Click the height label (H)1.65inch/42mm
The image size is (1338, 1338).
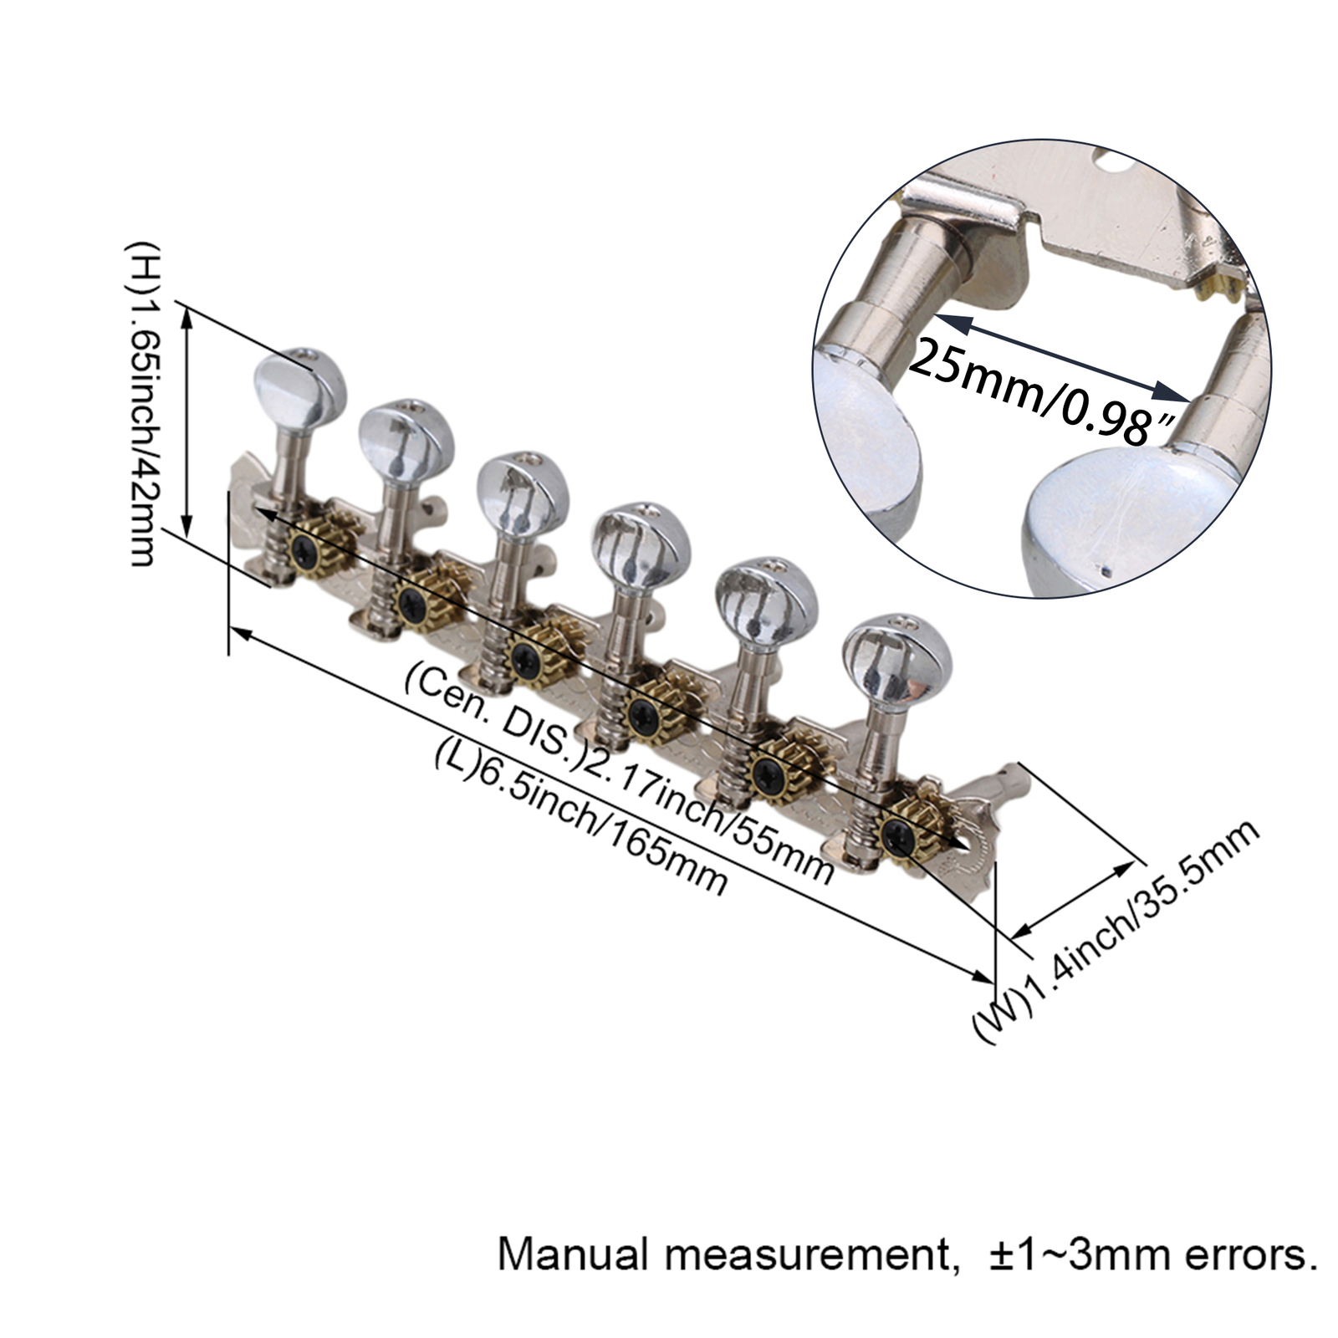[141, 404]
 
